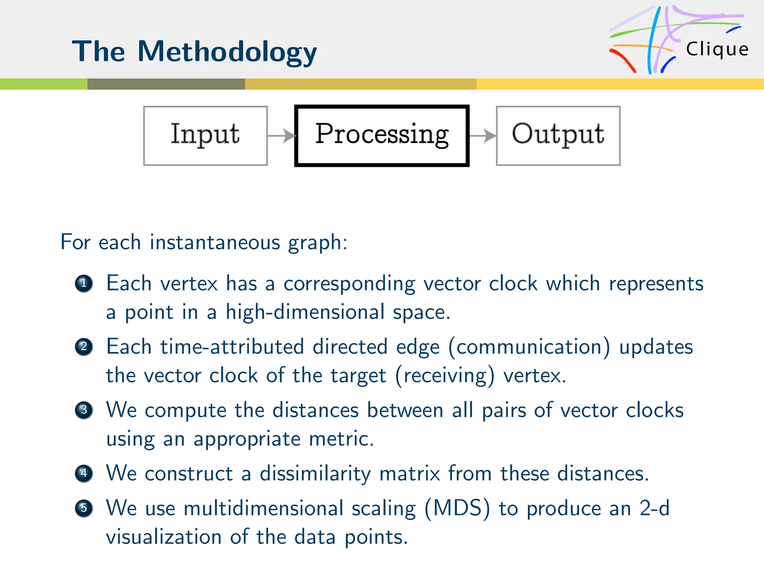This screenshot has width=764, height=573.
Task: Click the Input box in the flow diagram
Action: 205,135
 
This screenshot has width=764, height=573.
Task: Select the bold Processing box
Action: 382,135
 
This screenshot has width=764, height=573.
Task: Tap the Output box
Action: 558,135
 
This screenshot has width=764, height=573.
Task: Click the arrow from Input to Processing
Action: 282,136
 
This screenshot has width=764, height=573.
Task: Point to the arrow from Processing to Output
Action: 483,136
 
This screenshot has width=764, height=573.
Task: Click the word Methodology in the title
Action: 227,51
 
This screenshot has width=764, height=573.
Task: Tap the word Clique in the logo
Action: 717,49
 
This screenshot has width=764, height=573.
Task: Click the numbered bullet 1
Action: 84,283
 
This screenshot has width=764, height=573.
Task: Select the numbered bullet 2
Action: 84,347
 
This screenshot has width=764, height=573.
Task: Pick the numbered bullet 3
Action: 84,410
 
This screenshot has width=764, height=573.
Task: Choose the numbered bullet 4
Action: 84,473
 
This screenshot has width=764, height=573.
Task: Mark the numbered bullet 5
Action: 84,508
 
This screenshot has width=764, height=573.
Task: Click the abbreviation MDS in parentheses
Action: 457,508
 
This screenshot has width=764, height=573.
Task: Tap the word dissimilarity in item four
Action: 315,474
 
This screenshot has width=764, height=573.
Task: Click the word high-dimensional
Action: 305,312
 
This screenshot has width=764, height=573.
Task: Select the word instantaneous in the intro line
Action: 215,242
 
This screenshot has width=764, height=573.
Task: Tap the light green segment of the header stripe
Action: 44,84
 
